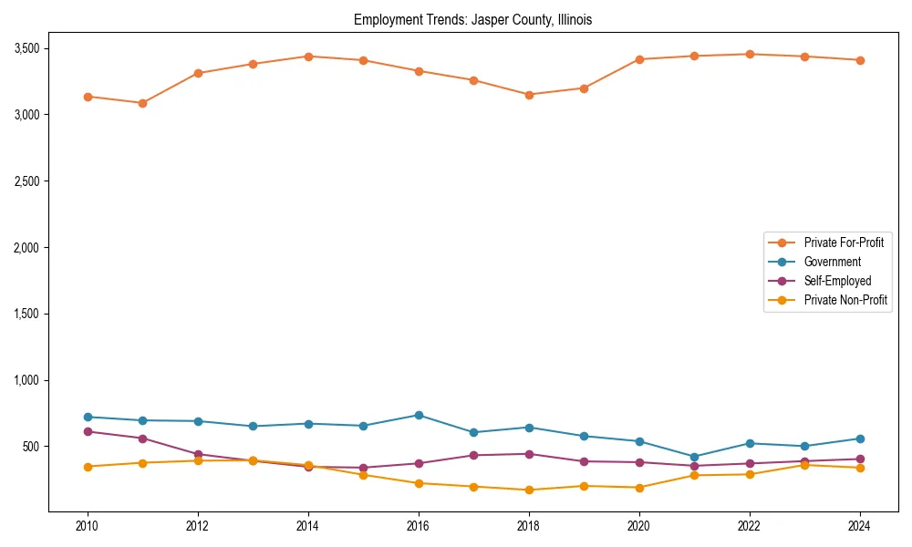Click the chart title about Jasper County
click(472, 20)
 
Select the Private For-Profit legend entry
click(844, 243)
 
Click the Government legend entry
click(832, 262)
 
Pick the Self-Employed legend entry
click(837, 281)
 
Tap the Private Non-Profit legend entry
click(845, 300)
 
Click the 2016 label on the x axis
click(418, 526)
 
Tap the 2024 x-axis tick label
click(859, 526)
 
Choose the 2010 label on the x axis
click(88, 526)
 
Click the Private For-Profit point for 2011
click(142, 103)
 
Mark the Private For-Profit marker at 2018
click(529, 95)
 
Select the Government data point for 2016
click(419, 415)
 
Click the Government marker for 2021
click(694, 457)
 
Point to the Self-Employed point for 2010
click(88, 431)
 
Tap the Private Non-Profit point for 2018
click(529, 490)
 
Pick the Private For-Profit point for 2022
click(750, 54)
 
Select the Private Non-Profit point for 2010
click(88, 467)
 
